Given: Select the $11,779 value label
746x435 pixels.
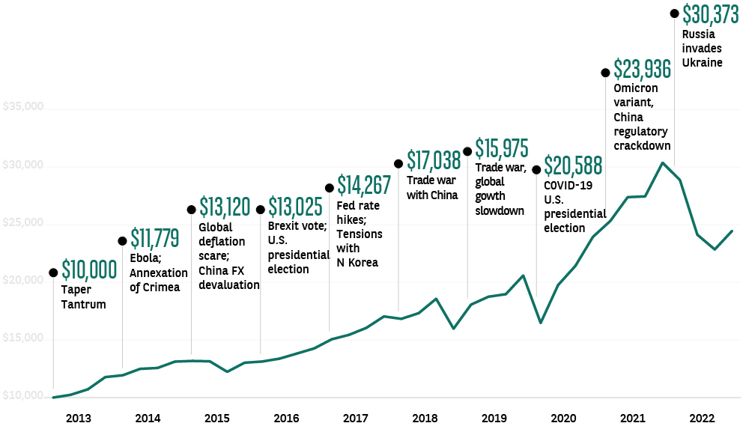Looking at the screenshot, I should tap(155, 239).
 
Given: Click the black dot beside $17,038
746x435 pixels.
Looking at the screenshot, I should tap(398, 164).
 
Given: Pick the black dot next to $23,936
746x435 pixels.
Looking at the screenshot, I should tap(605, 73).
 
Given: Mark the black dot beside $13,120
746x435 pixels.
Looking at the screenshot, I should tap(191, 210).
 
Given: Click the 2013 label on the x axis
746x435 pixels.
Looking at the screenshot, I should tap(79, 418).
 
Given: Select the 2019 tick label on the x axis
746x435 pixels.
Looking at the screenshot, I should tap(494, 418).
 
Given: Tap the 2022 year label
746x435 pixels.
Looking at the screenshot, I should tap(702, 418).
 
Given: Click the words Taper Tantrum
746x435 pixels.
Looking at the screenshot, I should tap(83, 297).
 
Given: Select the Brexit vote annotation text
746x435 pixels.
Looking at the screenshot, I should tap(297, 225).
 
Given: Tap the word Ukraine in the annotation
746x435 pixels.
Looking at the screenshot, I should tap(702, 63).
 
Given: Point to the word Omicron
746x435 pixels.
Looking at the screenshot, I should tap(635, 89).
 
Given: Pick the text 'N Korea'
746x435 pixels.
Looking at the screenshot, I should tap(357, 262).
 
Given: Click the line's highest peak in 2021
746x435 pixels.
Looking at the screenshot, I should tap(662, 162).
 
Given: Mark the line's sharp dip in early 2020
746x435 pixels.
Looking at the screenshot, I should tap(541, 323).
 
